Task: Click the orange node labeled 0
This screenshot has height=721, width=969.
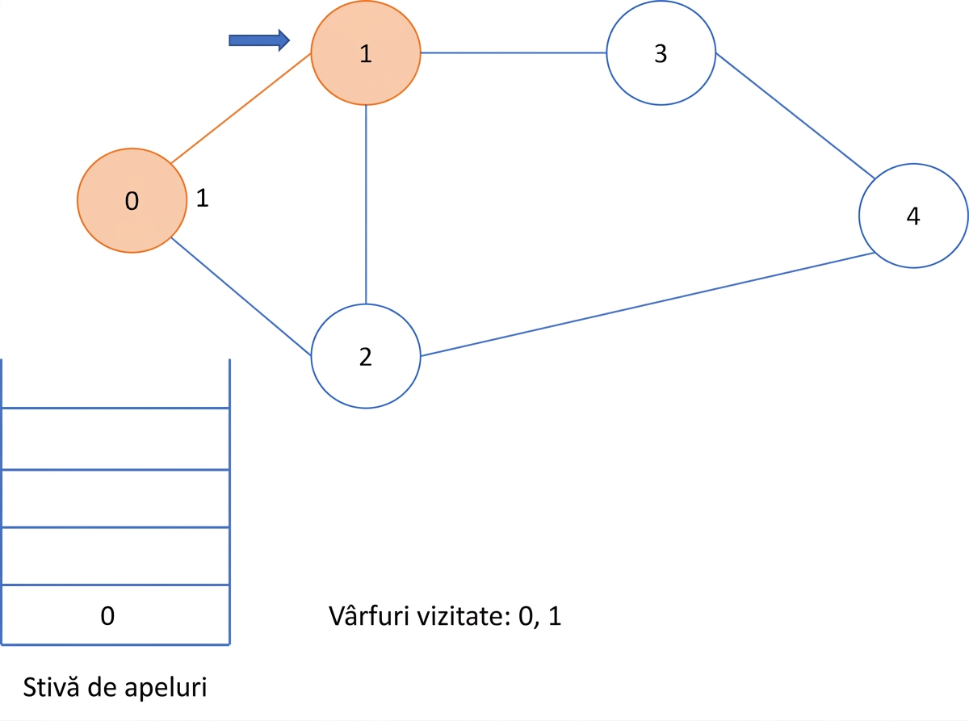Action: [132, 200]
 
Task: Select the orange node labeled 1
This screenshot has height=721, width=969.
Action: [366, 52]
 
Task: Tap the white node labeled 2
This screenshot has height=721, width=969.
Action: [366, 356]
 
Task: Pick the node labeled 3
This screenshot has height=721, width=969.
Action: [661, 52]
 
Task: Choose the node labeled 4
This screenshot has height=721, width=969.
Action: [913, 216]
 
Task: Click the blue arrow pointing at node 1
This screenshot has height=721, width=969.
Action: [259, 40]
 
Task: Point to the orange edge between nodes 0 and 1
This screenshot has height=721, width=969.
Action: [241, 108]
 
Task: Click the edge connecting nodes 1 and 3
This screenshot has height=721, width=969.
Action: [514, 52]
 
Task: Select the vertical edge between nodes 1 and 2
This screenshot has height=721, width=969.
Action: [366, 204]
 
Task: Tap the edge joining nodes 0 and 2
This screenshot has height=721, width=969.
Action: [241, 296]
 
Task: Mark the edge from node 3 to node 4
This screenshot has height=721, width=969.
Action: [795, 115]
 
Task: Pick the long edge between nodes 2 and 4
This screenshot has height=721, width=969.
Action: [648, 304]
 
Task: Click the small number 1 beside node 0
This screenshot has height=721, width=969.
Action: [202, 198]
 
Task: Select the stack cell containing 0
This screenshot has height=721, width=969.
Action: [115, 614]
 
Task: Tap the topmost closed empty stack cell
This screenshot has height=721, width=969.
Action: [115, 439]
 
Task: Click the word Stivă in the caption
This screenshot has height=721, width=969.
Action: [52, 687]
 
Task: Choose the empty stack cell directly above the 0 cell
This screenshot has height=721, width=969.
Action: [115, 555]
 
